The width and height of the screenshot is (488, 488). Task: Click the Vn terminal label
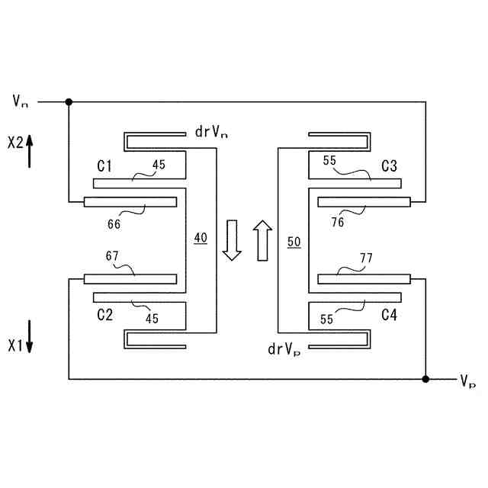tap(21, 101)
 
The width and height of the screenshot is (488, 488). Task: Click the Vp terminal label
tap(467, 380)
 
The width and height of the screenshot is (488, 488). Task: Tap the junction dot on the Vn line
tap(69, 101)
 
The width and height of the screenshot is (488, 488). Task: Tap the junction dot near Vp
tap(425, 378)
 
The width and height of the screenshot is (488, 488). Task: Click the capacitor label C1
tap(104, 165)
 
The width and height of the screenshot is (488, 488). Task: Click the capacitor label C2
tap(105, 313)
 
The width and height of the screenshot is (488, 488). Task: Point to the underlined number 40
tap(200, 239)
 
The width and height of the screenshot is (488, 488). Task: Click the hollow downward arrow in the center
tap(233, 240)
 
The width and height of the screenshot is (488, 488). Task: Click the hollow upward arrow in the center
tap(262, 239)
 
